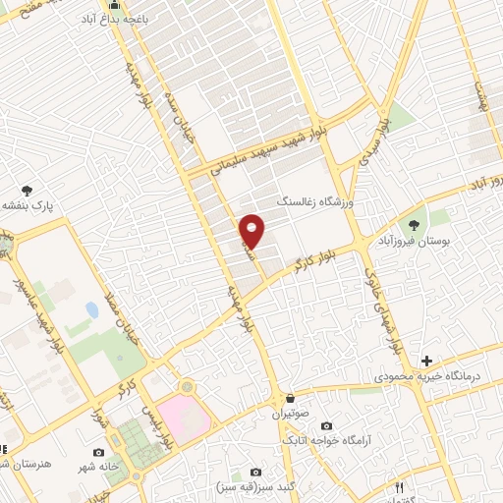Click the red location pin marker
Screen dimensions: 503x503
pyautogui.click(x=252, y=231)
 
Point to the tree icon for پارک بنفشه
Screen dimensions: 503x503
pyautogui.click(x=27, y=191)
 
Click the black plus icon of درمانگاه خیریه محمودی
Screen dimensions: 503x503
pyautogui.click(x=425, y=361)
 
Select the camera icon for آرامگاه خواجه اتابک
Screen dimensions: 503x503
pyautogui.click(x=326, y=425)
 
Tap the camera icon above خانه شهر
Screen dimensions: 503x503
pyautogui.click(x=99, y=453)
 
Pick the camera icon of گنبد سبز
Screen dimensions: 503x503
pyautogui.click(x=256, y=473)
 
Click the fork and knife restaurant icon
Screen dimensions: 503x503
pyautogui.click(x=399, y=486)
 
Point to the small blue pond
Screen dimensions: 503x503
pyautogui.click(x=91, y=310)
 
